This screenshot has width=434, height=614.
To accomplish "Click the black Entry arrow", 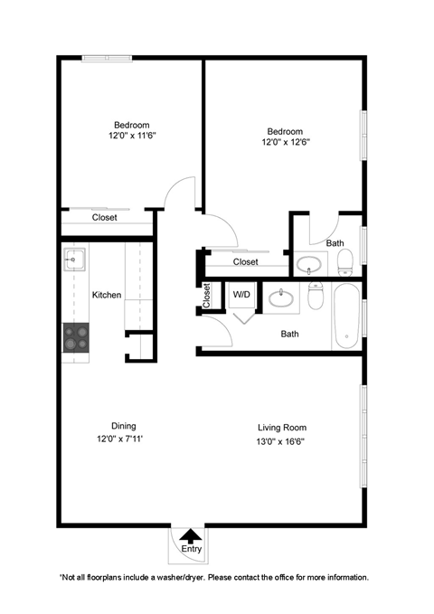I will pyautogui.click(x=191, y=536).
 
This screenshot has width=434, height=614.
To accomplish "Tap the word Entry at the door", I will pyautogui.click(x=191, y=549).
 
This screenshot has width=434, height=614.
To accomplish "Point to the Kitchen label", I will pyautogui.click(x=107, y=295).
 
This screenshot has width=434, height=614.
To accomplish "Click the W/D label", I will pyautogui.click(x=241, y=295).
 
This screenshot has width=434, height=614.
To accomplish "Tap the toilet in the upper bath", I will pyautogui.click(x=344, y=263).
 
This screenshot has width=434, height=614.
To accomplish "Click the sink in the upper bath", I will pyautogui.click(x=309, y=265).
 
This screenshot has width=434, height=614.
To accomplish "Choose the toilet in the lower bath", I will pyautogui.click(x=316, y=296).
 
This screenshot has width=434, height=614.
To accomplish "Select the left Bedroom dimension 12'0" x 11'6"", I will pyautogui.click(x=131, y=137).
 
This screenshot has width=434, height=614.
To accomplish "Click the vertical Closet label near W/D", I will pyautogui.click(x=207, y=296).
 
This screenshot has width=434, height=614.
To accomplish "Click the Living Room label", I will pyautogui.click(x=282, y=428).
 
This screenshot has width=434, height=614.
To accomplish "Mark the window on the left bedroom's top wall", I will pyautogui.click(x=108, y=59).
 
